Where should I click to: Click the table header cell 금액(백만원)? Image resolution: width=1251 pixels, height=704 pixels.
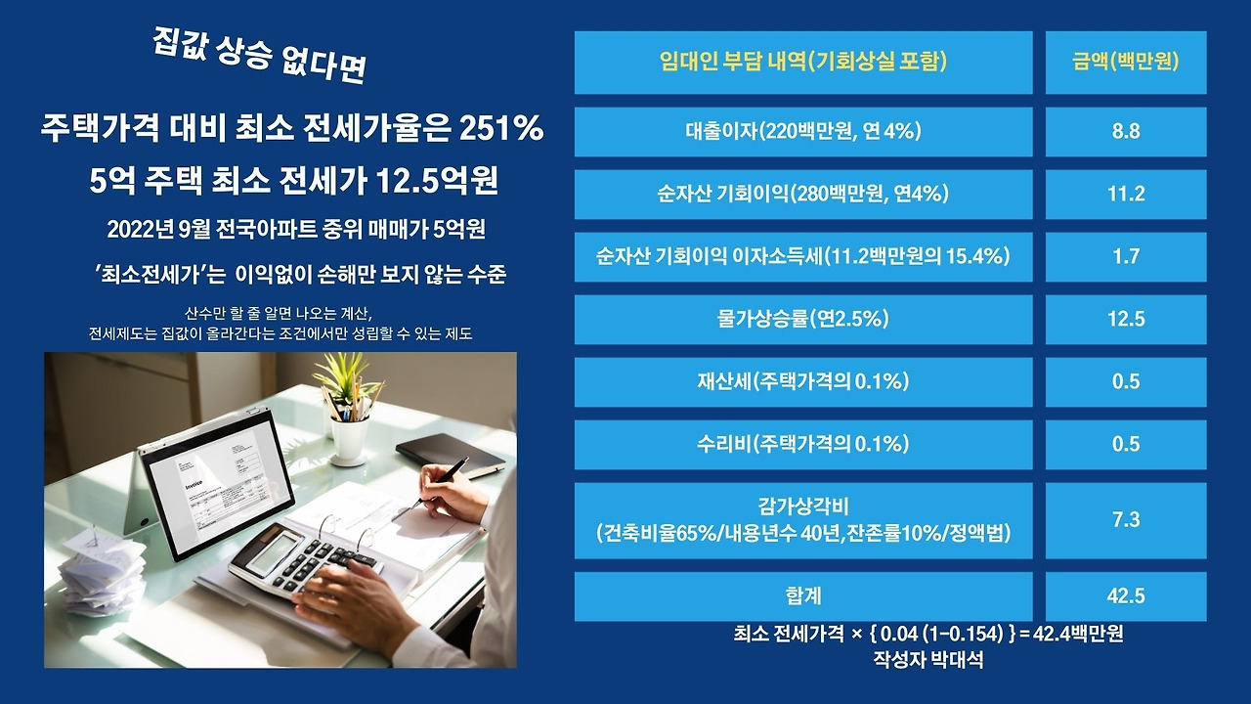(1126, 63)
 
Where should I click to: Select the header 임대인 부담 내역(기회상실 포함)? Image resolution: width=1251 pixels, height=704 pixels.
(803, 63)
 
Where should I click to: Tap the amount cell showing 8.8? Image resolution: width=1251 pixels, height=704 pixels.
(1126, 131)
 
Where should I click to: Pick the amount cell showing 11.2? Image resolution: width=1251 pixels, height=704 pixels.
(1126, 194)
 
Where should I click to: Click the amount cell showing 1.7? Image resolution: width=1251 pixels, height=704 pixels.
(1126, 256)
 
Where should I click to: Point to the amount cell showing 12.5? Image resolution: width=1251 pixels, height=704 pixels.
(1126, 319)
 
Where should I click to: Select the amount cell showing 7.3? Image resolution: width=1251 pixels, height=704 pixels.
(1126, 520)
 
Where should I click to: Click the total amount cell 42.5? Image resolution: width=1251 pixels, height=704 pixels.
(1126, 595)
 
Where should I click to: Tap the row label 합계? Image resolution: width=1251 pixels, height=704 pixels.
(803, 595)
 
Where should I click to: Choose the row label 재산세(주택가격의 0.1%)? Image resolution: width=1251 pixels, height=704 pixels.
(803, 381)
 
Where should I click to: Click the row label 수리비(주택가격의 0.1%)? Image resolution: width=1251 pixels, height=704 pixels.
(803, 444)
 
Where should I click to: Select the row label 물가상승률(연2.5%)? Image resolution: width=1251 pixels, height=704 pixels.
(803, 319)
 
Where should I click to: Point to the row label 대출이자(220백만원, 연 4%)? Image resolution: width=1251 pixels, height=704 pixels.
(803, 131)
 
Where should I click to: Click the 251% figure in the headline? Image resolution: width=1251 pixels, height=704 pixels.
(501, 128)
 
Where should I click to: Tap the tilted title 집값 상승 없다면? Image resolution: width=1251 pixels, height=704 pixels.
(259, 56)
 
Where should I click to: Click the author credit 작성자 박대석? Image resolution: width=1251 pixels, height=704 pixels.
(927, 659)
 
